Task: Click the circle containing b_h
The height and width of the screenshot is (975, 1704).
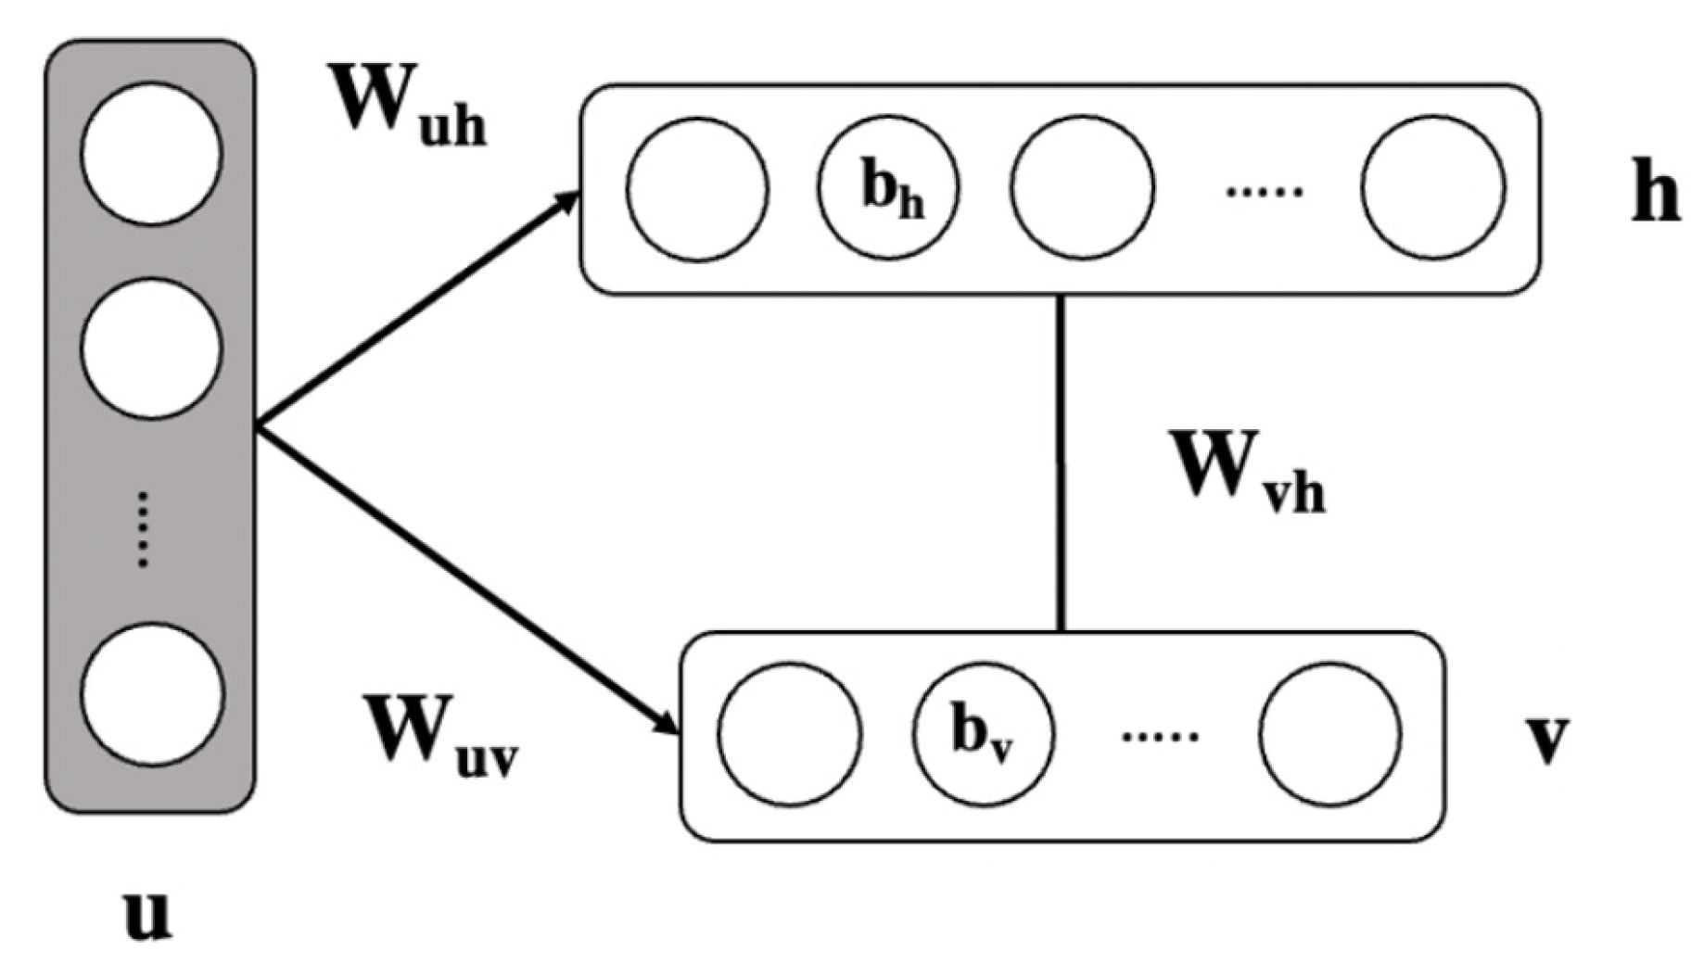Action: click(x=888, y=187)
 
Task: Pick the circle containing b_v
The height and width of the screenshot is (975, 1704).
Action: click(x=983, y=732)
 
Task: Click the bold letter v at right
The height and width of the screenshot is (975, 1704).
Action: click(x=1546, y=739)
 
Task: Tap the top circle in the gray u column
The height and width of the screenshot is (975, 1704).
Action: click(x=151, y=154)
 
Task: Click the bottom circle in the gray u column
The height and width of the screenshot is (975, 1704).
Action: click(x=152, y=695)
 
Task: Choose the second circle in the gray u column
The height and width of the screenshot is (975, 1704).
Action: click(x=151, y=348)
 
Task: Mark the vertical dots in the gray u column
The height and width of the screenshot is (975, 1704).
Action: click(x=143, y=529)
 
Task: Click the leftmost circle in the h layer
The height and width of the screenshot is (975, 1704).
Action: click(x=697, y=189)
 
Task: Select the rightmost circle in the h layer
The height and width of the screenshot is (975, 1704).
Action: click(x=1432, y=187)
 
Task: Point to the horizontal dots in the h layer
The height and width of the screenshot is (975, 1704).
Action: click(x=1263, y=192)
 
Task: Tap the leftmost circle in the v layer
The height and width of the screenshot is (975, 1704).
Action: click(x=789, y=734)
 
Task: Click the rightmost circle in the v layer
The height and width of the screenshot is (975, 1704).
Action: click(x=1330, y=734)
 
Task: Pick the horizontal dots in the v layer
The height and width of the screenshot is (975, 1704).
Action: click(x=1159, y=738)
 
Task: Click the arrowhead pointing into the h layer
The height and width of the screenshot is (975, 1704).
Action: click(x=566, y=201)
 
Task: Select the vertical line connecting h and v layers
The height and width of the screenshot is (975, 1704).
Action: click(x=1062, y=463)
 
